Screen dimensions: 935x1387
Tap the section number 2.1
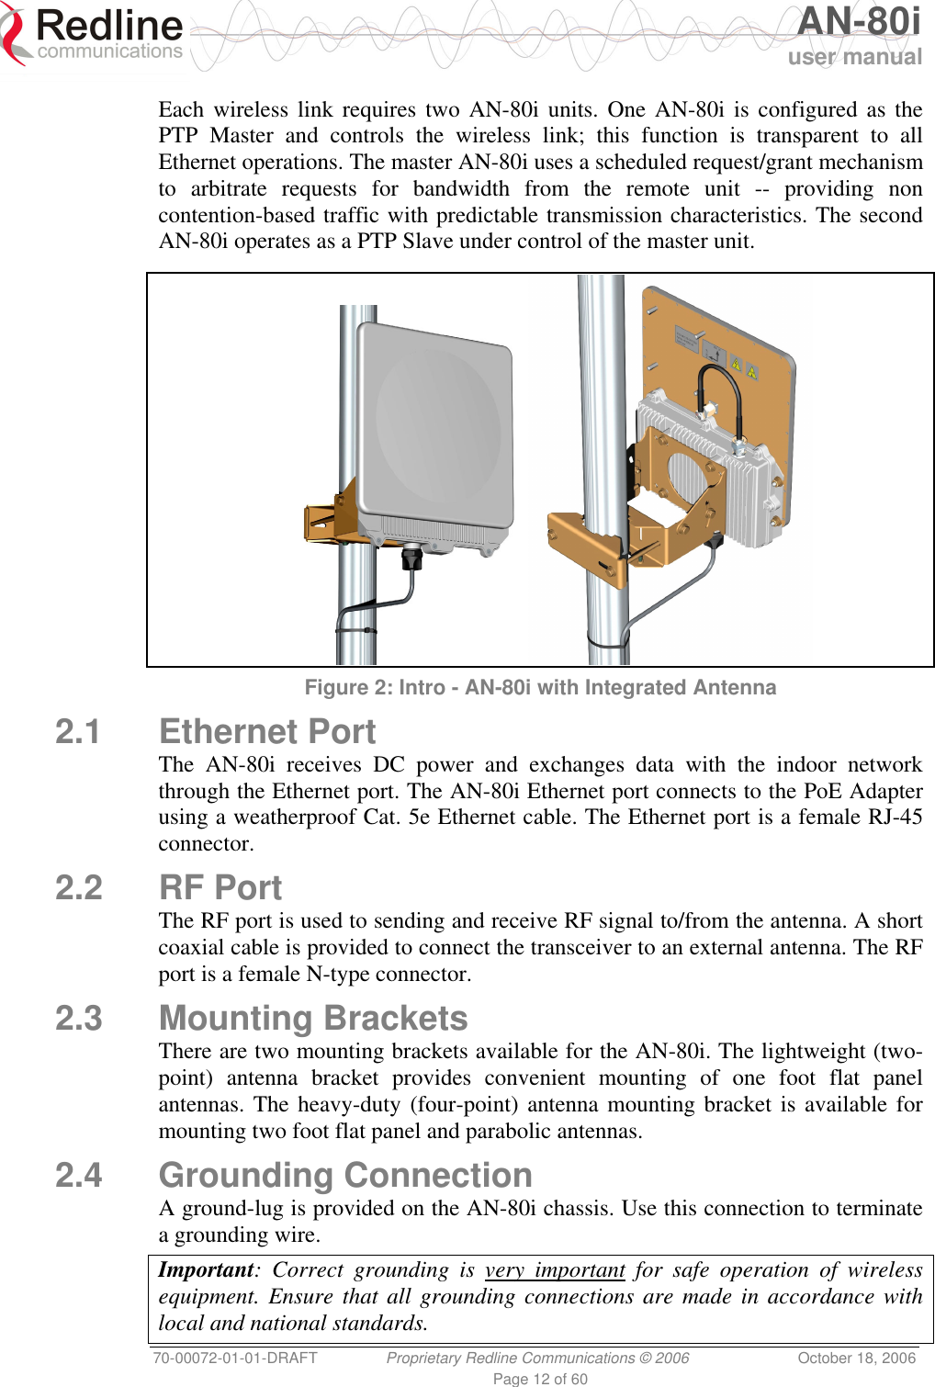pyautogui.click(x=78, y=732)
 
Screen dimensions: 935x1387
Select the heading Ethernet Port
pyautogui.click(x=267, y=732)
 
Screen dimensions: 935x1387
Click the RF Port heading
pyautogui.click(x=220, y=888)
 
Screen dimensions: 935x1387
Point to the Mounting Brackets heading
pyautogui.click(x=313, y=1019)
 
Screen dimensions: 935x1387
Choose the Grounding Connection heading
pyautogui.click(x=345, y=1176)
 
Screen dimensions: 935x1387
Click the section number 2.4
pyautogui.click(x=78, y=1176)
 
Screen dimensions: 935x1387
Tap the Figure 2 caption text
pyautogui.click(x=540, y=687)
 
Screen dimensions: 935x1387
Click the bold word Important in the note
pyautogui.click(x=205, y=1270)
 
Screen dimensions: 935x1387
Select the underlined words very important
pyautogui.click(x=555, y=1270)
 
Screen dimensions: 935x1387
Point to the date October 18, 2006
pyautogui.click(x=856, y=1358)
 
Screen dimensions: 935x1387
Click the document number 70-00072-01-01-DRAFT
pyautogui.click(x=235, y=1358)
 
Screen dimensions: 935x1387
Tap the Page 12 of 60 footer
pyautogui.click(x=540, y=1379)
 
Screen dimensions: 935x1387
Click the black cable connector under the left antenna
pyautogui.click(x=411, y=557)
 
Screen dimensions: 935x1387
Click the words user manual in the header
pyautogui.click(x=854, y=57)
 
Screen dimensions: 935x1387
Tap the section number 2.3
pyautogui.click(x=78, y=1019)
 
